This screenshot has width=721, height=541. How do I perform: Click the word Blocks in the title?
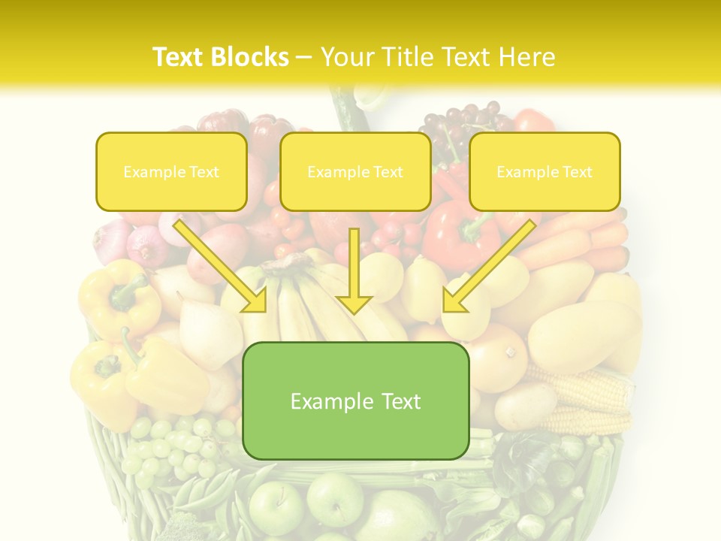click(x=252, y=57)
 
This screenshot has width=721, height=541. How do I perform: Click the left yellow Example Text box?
click(x=171, y=171)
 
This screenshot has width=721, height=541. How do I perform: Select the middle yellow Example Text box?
click(x=355, y=171)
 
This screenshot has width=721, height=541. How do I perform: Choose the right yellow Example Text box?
click(x=545, y=171)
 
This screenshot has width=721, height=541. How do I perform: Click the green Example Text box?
click(x=356, y=400)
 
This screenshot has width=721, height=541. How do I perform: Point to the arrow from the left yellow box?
click(x=222, y=267)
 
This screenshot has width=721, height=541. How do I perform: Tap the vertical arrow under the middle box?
click(x=354, y=270)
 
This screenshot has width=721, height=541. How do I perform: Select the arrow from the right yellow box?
click(x=489, y=267)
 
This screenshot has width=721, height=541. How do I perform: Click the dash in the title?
click(x=304, y=57)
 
